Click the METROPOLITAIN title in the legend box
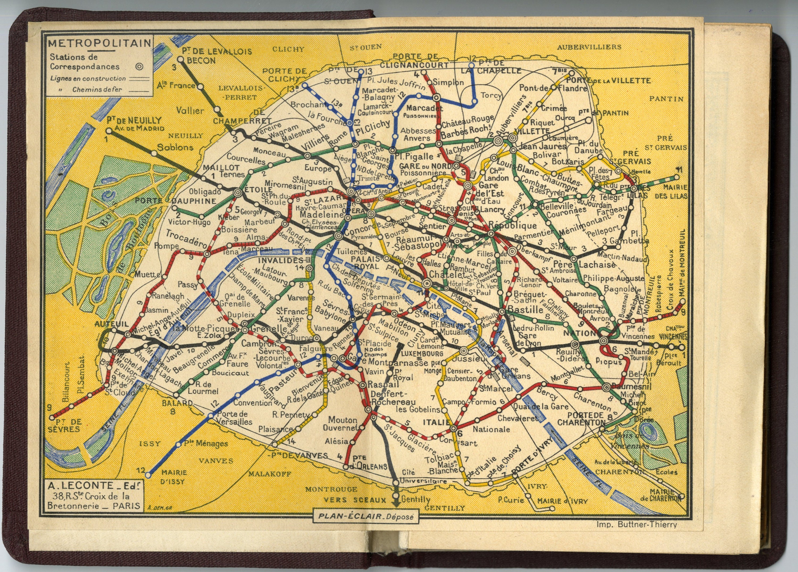(x=99, y=44)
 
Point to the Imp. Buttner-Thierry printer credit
(x=637, y=534)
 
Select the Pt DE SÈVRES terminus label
(x=66, y=426)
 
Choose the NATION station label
(x=580, y=333)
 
